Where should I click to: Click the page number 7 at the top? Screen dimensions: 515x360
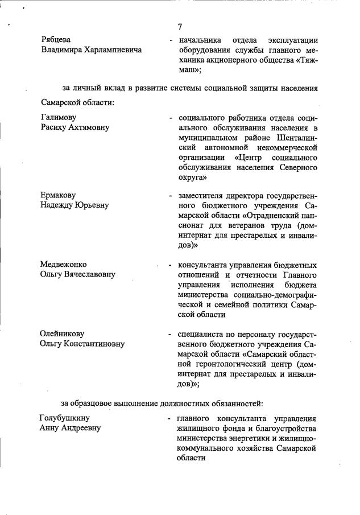[180, 26]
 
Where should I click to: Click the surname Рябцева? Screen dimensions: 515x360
[56, 40]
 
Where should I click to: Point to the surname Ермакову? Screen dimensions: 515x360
[59, 195]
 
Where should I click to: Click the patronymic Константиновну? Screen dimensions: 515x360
[95, 344]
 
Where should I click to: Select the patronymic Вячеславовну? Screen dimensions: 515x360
[89, 274]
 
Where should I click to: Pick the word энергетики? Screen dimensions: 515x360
[255, 438]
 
